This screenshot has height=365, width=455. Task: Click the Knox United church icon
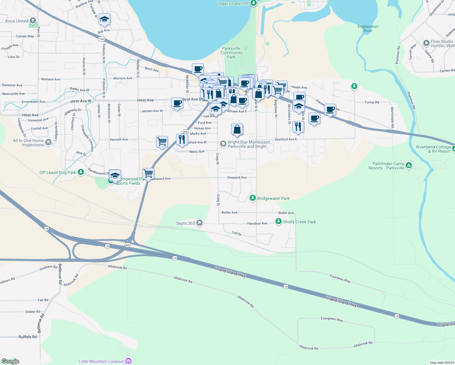[33, 21]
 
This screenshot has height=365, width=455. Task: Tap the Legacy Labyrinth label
[233, 3]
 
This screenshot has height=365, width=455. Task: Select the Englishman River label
[368, 29]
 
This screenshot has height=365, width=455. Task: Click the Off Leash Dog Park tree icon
[81, 172]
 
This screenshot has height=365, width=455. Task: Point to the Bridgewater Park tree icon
[252, 198]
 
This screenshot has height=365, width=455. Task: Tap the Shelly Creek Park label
[299, 222]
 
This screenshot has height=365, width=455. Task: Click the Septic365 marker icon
[199, 223]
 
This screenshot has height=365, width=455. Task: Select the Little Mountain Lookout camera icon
[128, 361]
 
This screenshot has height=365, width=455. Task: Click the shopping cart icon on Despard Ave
[148, 174]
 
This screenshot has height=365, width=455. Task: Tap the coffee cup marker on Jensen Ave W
[177, 103]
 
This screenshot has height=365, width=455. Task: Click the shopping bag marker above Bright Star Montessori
[237, 129]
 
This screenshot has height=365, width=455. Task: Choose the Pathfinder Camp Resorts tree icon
[409, 165]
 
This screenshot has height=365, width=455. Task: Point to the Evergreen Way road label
[332, 319]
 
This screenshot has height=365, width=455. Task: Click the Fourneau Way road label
[340, 279]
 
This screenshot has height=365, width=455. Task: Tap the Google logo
[10, 361]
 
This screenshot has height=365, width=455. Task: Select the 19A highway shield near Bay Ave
[102, 39]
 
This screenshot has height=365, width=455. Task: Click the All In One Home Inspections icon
[48, 142]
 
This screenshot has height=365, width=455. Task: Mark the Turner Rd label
[372, 102]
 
